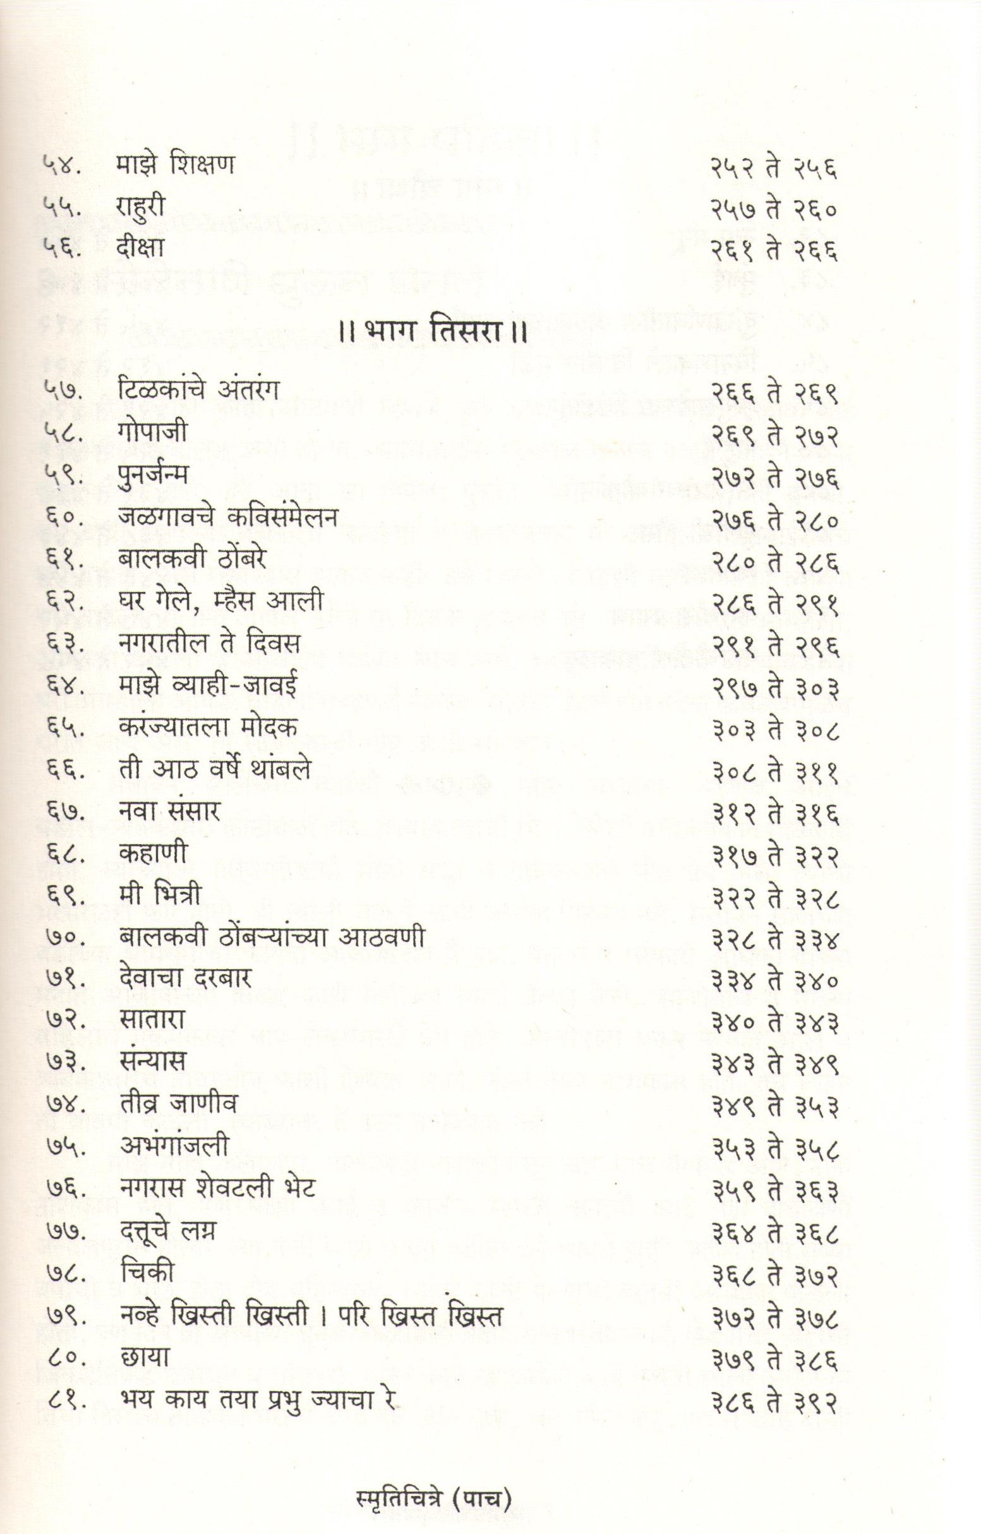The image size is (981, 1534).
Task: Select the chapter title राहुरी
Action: [141, 207]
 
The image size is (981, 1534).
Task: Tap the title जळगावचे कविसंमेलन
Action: [227, 517]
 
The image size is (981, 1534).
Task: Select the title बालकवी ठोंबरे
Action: [192, 559]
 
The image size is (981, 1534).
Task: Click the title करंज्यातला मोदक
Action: [208, 728]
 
